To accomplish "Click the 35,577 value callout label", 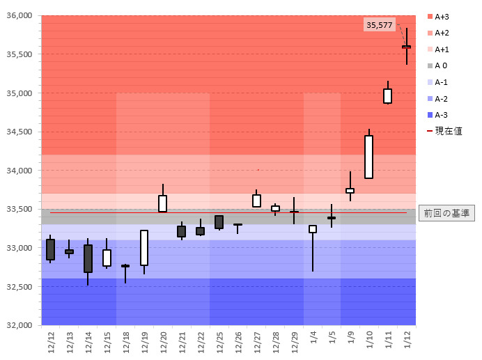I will point(380,25).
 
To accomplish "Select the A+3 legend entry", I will point(440,16).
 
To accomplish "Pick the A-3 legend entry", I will point(439,115).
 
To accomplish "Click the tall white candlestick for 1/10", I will point(368,157).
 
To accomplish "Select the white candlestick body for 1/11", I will point(387,96).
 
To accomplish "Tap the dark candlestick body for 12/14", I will point(88,258).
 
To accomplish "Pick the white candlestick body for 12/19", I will point(144,248).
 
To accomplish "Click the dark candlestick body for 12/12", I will point(50,249).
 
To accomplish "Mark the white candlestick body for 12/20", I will point(162,203).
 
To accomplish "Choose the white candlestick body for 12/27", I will point(256,201).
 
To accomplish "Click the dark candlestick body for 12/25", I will point(219,222).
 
